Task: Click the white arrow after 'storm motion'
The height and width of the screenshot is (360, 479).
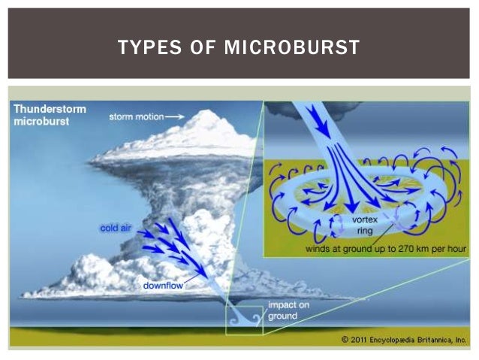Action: tap(173, 116)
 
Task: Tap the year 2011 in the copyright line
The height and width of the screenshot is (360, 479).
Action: tap(363, 340)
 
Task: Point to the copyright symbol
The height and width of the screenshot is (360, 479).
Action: tap(344, 340)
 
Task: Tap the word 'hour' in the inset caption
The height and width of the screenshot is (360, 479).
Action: tap(458, 248)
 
